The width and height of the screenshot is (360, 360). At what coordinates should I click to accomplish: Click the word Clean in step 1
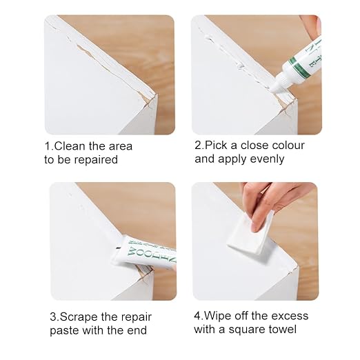(70, 146)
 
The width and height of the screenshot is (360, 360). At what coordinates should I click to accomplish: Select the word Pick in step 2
(216, 146)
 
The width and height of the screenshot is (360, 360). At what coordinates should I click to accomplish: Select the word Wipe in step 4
(215, 316)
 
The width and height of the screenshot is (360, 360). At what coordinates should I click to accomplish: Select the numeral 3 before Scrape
(53, 317)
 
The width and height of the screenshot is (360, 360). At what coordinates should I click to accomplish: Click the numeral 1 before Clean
(48, 146)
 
